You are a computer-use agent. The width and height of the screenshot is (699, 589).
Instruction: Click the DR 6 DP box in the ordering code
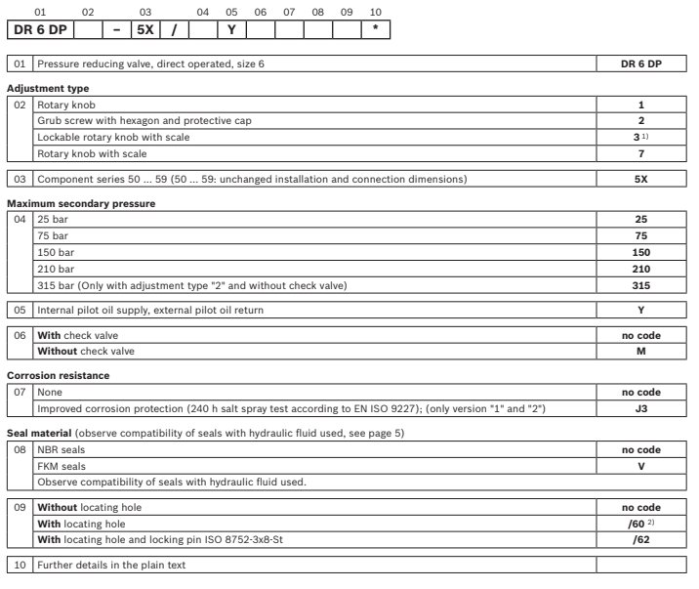[x=40, y=30]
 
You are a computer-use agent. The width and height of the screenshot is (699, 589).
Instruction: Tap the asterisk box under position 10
[x=376, y=30]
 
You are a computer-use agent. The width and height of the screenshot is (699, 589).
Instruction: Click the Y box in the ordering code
[x=231, y=30]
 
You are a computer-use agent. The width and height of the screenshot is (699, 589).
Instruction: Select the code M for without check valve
[x=640, y=350]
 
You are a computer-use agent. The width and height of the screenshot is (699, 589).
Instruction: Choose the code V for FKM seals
[x=640, y=465]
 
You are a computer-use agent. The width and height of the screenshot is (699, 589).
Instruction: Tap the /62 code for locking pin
[x=640, y=538]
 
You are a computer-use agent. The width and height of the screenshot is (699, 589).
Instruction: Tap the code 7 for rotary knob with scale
[x=640, y=154]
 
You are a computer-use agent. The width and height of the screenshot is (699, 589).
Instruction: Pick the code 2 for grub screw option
[x=640, y=121]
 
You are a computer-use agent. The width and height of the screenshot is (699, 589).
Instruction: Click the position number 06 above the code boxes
[x=261, y=12]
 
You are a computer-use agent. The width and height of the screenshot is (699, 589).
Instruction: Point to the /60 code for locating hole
[x=640, y=523]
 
